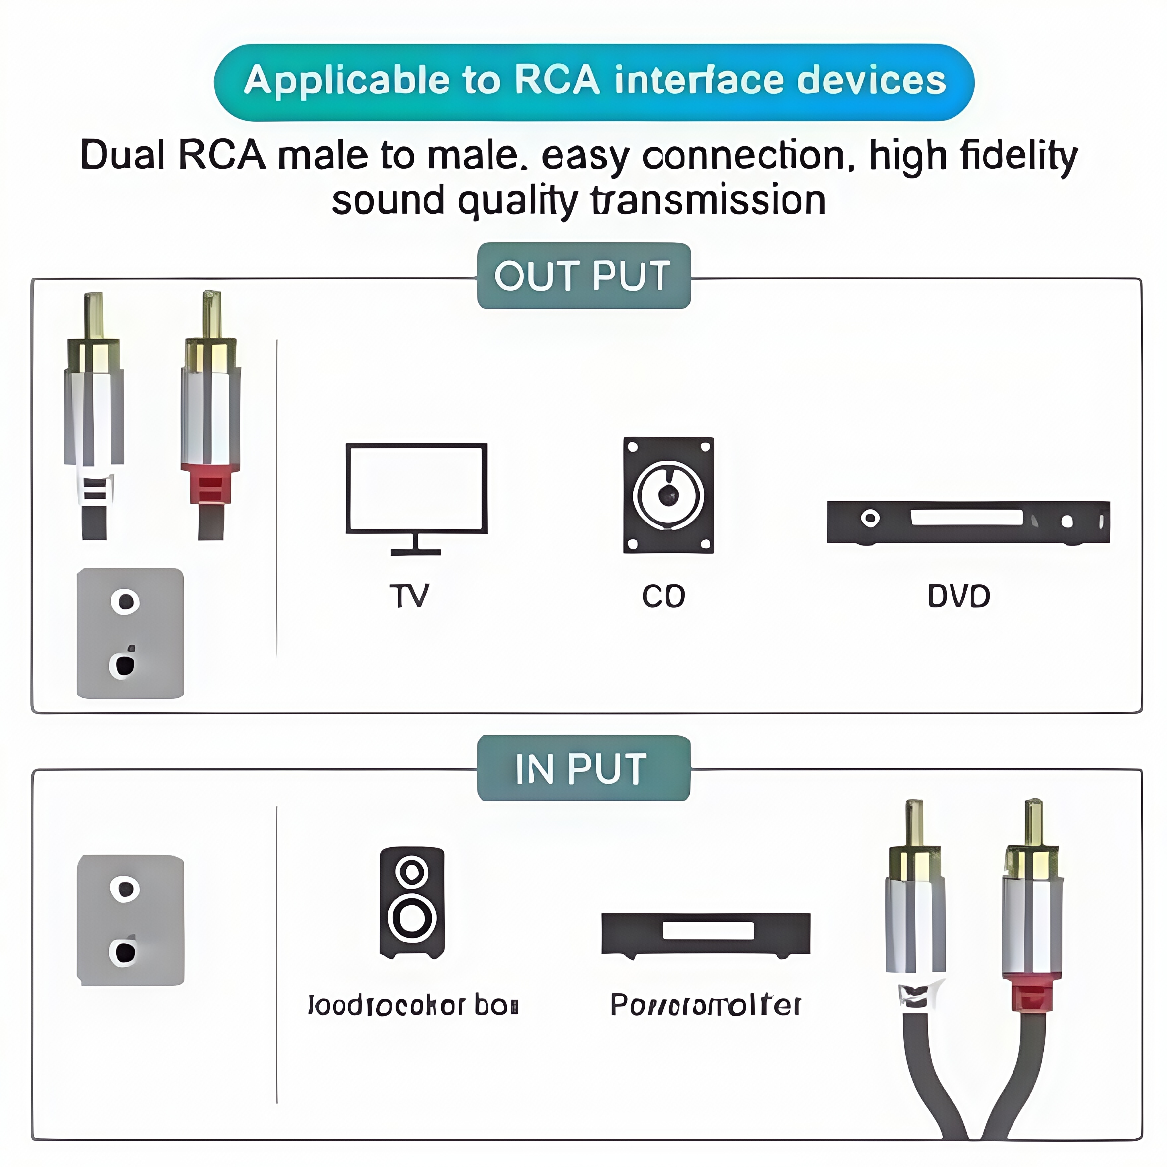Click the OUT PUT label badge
tap(583, 276)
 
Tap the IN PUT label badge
tap(583, 768)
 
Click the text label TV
tap(409, 596)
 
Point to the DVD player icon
tap(968, 522)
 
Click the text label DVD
tap(958, 596)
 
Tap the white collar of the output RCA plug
tap(95, 488)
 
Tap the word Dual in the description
tap(123, 155)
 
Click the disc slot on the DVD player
tap(966, 517)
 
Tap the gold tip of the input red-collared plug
tap(1033, 822)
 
